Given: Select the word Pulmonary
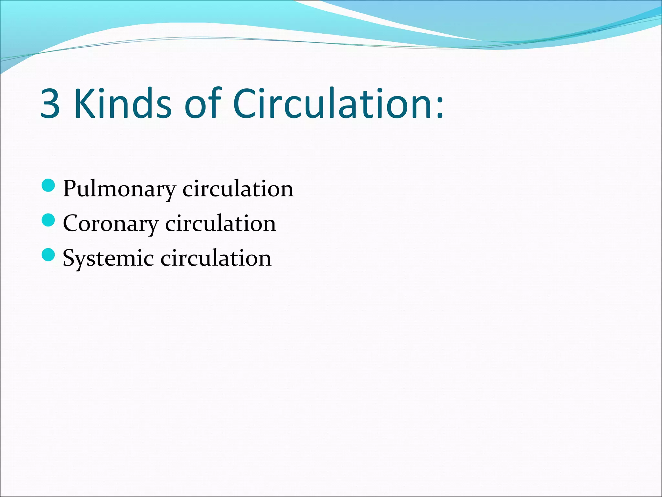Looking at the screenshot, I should (119, 189).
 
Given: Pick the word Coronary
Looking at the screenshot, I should (111, 224).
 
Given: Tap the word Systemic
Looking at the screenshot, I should (108, 259).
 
